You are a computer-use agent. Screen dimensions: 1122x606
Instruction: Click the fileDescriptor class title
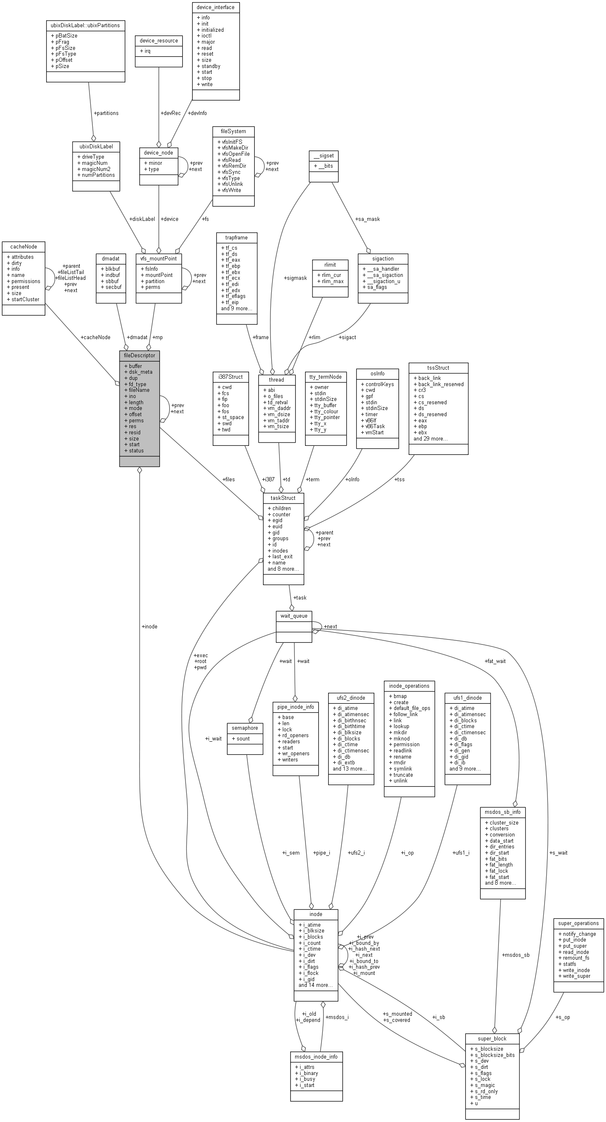139,356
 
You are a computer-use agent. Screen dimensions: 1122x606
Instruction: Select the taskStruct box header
283,498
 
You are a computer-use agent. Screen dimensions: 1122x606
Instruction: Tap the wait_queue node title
294,616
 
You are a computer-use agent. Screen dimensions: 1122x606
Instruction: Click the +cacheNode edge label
95,337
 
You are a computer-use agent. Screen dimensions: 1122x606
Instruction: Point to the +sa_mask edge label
367,219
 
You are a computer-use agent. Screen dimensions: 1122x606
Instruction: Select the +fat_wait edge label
495,661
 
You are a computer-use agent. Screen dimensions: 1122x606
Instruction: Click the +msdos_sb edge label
516,967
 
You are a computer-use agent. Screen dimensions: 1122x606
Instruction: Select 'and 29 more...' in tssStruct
430,438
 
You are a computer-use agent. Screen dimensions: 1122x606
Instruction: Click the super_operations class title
578,923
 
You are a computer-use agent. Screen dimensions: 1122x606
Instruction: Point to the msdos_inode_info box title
316,1056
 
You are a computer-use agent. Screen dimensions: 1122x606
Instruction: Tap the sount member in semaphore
243,738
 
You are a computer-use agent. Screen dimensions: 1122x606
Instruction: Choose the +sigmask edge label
296,278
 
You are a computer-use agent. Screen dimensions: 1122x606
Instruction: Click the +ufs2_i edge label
356,853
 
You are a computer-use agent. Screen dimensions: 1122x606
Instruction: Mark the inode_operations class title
409,686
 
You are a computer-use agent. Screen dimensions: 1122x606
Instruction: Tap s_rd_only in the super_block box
486,1091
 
